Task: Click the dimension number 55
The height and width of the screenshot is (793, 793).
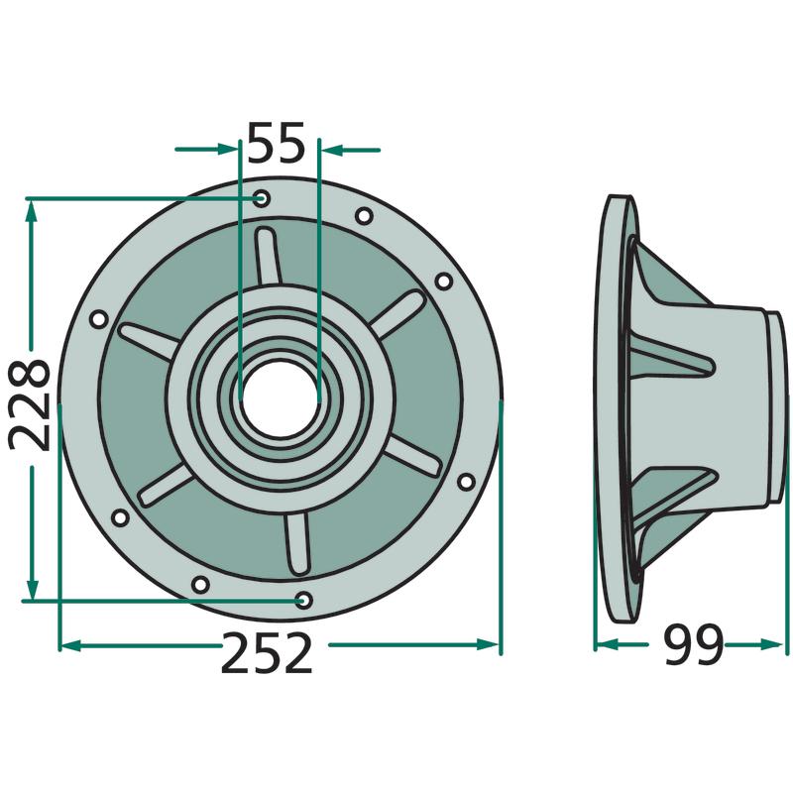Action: [x=277, y=142]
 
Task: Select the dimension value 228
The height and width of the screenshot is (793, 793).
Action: [x=30, y=404]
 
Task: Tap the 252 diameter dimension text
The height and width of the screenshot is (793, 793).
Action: [x=266, y=654]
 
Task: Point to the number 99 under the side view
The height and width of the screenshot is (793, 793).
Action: [x=692, y=645]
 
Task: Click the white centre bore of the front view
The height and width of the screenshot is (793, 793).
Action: [x=280, y=399]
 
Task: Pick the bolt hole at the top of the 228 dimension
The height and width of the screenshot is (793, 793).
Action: [x=262, y=198]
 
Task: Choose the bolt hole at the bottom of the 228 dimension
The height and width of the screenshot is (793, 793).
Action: [x=303, y=601]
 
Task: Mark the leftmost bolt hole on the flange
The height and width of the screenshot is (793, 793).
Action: [x=98, y=319]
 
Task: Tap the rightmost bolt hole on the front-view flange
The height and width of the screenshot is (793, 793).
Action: [x=466, y=481]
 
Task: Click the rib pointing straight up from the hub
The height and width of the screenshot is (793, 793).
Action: [x=267, y=258]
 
